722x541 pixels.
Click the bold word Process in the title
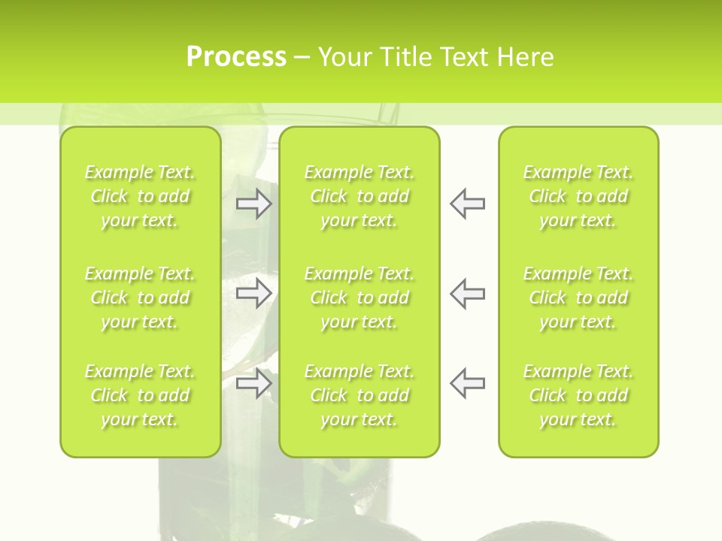coord(236,56)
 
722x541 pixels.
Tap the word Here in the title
coord(525,56)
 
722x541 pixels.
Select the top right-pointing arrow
coord(253,204)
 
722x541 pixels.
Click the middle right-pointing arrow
coord(253,293)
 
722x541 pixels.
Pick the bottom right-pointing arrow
coord(253,383)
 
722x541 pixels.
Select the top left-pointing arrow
coord(467,204)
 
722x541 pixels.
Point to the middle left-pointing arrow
coord(467,293)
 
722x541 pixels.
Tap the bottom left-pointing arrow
coord(467,383)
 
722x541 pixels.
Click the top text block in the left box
coord(140,196)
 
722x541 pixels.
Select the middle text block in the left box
coord(140,298)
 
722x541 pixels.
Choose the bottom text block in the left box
coord(140,395)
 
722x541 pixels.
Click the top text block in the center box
coord(359,196)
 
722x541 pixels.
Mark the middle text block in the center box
coord(359,298)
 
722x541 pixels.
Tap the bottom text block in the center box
coord(359,395)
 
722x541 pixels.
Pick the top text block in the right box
coord(578,196)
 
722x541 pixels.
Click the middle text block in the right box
coord(578,298)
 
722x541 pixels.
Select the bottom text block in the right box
coord(578,395)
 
